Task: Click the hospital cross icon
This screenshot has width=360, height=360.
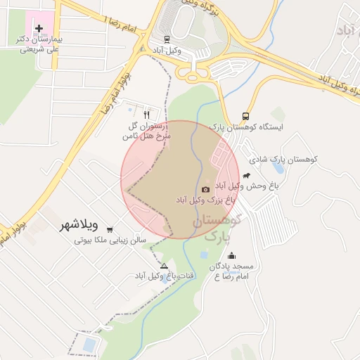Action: click(38, 29)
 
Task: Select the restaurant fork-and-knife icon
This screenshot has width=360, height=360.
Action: click(146, 114)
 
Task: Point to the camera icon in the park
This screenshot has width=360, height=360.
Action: click(205, 189)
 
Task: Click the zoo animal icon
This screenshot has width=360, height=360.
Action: click(246, 175)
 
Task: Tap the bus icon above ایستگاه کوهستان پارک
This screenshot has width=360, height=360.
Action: click(245, 116)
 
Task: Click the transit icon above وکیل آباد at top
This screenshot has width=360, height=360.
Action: click(167, 39)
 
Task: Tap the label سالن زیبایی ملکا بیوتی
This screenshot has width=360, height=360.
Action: click(110, 240)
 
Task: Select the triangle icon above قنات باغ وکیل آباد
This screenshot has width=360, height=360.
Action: click(165, 266)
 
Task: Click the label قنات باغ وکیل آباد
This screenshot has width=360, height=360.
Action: click(160, 276)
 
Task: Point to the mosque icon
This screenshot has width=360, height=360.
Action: click(232, 256)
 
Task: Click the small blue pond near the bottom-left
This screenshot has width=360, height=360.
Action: click(89, 345)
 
